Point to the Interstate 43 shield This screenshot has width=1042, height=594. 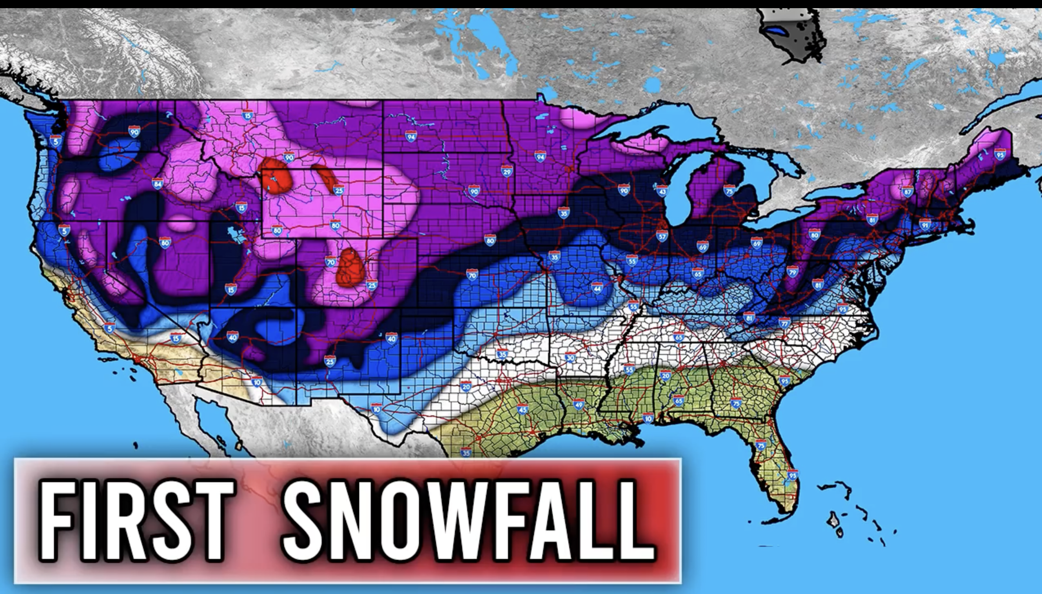(662, 191)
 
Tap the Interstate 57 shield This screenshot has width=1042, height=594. (662, 236)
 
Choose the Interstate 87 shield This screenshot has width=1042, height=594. (907, 191)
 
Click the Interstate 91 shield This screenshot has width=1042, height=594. (925, 224)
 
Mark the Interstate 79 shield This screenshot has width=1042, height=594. (792, 271)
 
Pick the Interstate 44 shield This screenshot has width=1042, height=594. (597, 288)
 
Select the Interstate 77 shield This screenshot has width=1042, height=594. (784, 323)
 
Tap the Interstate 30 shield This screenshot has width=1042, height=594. (570, 357)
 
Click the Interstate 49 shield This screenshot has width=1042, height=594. (578, 404)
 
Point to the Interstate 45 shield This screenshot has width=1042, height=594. (523, 409)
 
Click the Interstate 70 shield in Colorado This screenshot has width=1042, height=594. (330, 262)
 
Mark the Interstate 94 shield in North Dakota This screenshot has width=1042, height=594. (411, 136)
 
